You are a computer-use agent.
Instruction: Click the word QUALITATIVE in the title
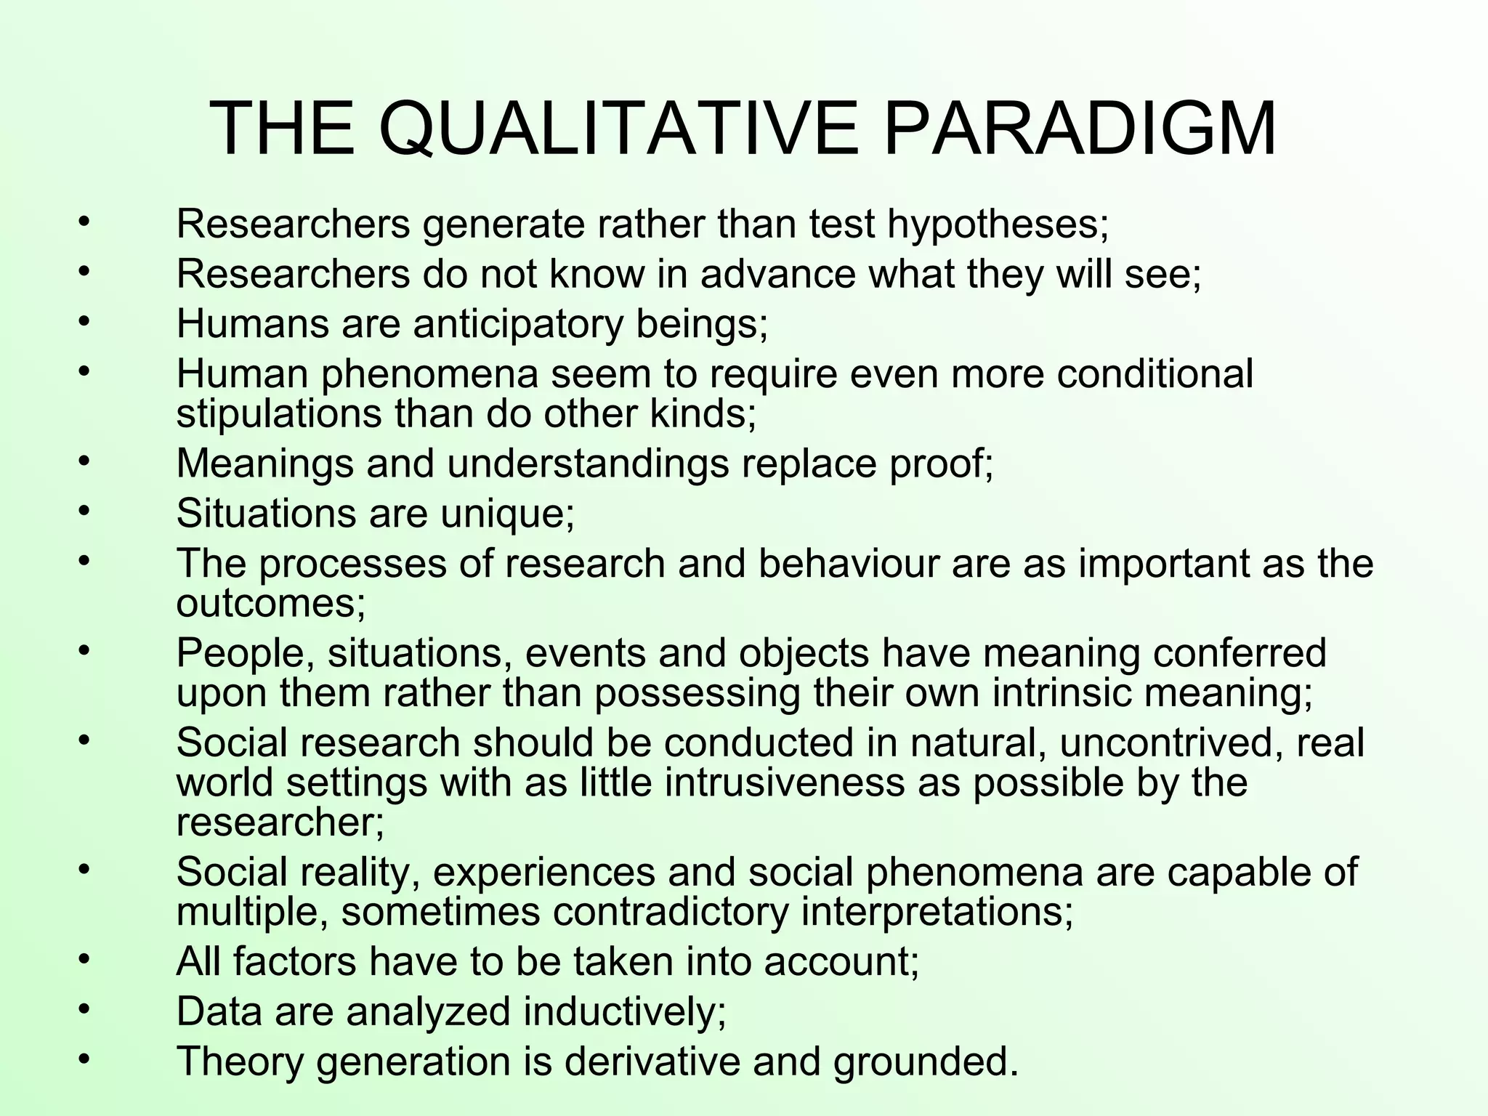pos(618,129)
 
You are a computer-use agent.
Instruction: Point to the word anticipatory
pos(518,324)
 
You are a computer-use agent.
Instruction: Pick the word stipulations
pos(279,414)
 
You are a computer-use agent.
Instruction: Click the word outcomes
pos(270,603)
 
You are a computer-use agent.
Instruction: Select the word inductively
pos(624,1011)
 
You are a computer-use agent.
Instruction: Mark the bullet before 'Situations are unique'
pos(84,510)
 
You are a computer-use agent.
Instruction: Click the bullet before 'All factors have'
pos(84,958)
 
